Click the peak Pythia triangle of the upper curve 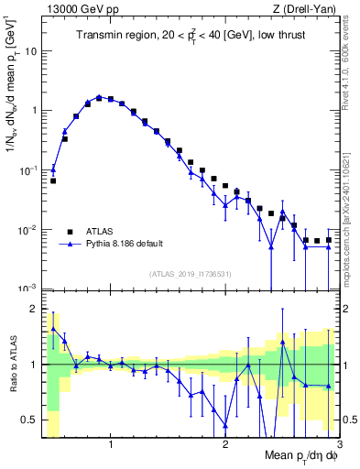pos(99,96)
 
